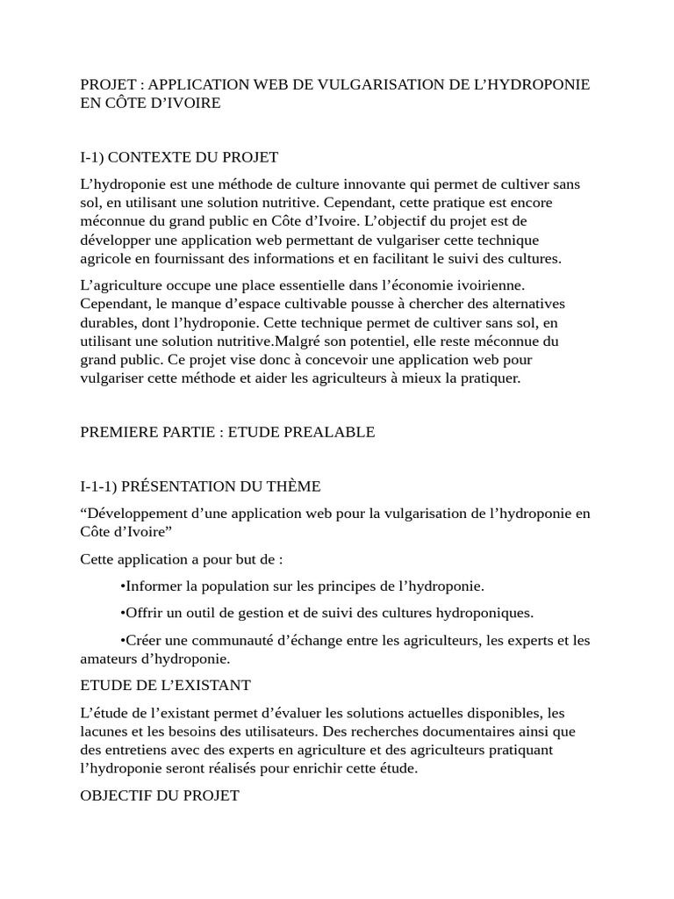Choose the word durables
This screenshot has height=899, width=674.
point(107,322)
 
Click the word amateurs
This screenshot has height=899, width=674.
point(110,658)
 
